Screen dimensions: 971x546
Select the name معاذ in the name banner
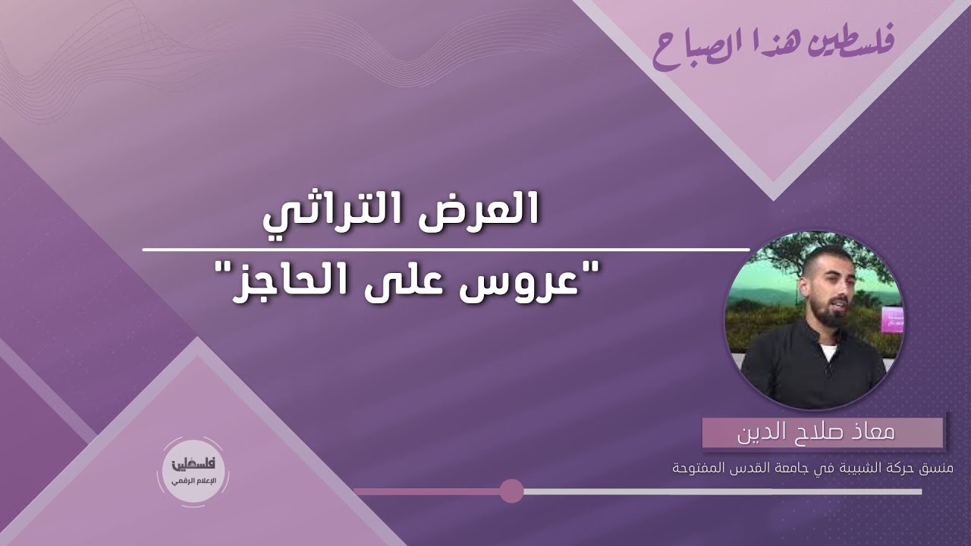[872, 433]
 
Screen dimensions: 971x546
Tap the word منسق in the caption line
[941, 469]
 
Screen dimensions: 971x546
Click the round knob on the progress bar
[512, 491]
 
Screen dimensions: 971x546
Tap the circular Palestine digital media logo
[193, 472]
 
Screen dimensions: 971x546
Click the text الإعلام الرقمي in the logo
[193, 482]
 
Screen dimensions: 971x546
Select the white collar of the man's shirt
[827, 350]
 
